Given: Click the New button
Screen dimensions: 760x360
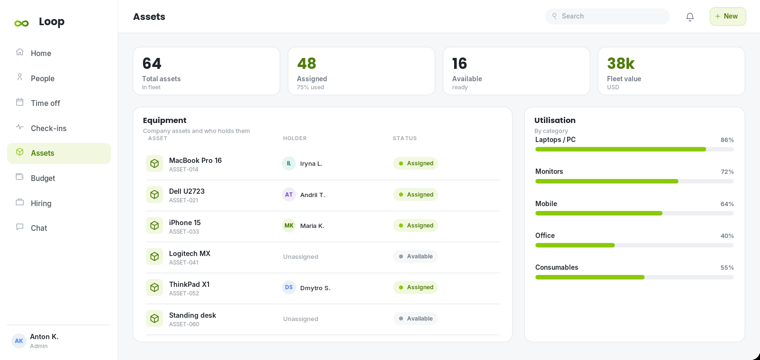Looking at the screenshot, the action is click(x=727, y=16).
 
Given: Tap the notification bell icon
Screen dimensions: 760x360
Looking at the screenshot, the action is click(x=690, y=17).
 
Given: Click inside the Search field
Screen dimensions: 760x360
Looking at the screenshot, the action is click(x=608, y=16).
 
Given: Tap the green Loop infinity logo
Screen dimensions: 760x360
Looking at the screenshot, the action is click(x=21, y=23).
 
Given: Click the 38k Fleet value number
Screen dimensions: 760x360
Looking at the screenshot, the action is click(x=620, y=64).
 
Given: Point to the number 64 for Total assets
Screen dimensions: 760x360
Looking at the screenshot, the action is click(x=152, y=64).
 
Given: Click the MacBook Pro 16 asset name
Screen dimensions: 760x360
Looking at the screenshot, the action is click(x=195, y=161).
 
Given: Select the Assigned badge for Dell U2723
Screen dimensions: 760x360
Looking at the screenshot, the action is click(x=415, y=194).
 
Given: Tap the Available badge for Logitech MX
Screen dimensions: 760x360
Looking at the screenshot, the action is click(x=415, y=256).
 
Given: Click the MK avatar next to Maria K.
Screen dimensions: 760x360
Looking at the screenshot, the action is click(x=289, y=226).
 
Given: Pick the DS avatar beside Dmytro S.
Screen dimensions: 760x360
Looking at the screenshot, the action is click(x=289, y=287).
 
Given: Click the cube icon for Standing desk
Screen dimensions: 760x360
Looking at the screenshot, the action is click(x=154, y=318).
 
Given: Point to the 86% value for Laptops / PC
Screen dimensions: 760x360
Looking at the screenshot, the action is click(x=727, y=140).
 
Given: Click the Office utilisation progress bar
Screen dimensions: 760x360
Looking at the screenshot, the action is click(x=635, y=246).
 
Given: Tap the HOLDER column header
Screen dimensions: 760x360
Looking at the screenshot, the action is click(x=295, y=138).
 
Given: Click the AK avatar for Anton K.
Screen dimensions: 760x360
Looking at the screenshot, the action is click(x=19, y=341).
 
